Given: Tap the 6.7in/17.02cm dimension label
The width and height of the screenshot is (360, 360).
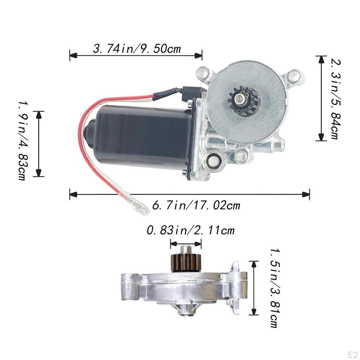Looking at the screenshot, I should point(196,205).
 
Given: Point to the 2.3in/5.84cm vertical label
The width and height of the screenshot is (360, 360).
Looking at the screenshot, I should point(334,99).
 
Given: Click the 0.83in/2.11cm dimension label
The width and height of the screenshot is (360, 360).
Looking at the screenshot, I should point(190,231).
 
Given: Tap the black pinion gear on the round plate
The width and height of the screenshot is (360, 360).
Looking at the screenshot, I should point(243,100).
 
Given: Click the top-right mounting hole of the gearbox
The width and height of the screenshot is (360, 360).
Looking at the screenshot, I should point(294,75).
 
